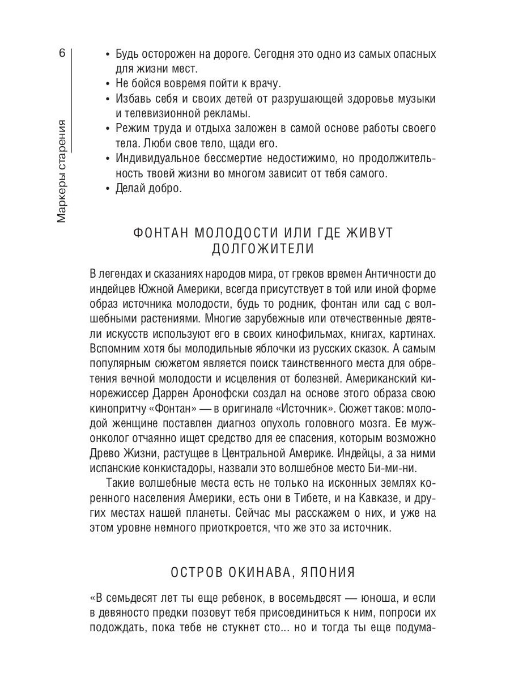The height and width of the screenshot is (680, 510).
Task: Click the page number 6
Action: click(x=62, y=54)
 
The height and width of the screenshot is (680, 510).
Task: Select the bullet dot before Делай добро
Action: click(x=108, y=189)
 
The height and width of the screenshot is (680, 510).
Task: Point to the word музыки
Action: click(x=415, y=99)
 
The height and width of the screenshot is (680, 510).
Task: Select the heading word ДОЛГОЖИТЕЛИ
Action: click(x=262, y=250)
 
